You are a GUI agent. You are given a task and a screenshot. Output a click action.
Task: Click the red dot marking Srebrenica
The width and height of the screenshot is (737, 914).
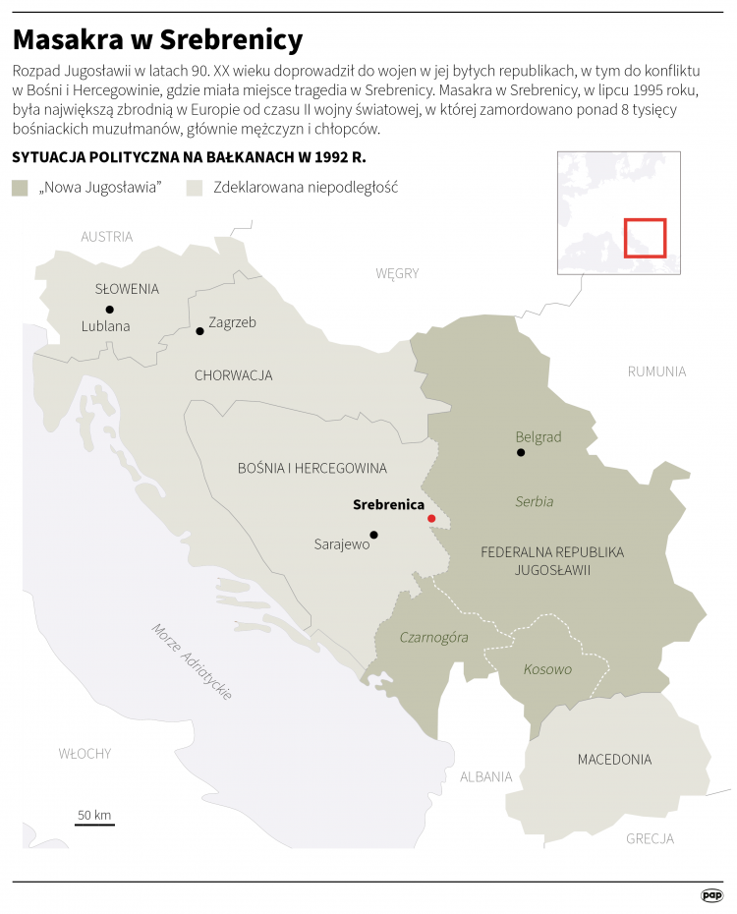point(431,518)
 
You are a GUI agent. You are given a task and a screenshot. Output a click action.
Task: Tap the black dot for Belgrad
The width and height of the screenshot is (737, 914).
point(521,453)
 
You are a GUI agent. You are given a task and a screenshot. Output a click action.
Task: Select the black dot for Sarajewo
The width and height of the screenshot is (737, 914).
point(373,535)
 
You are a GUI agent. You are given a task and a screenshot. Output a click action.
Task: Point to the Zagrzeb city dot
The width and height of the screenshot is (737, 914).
point(200,331)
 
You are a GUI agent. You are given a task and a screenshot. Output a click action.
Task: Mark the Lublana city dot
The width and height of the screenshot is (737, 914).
point(109,310)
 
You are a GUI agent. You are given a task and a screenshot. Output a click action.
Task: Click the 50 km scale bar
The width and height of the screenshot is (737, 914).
point(94,824)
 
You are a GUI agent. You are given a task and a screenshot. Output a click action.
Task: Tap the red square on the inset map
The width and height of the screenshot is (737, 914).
point(645,238)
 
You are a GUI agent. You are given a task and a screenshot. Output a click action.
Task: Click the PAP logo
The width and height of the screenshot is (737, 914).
point(711,895)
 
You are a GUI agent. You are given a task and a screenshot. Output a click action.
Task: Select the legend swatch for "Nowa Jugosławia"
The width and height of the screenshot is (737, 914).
point(21,188)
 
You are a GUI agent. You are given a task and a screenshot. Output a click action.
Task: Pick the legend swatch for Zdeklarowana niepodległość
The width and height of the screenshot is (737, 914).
point(195,188)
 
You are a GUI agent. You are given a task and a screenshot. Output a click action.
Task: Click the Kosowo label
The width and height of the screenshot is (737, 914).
point(547,669)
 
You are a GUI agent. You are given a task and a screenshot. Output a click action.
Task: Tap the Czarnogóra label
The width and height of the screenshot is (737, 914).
point(433,638)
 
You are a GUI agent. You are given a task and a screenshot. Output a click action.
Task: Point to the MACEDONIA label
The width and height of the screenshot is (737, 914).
point(614,760)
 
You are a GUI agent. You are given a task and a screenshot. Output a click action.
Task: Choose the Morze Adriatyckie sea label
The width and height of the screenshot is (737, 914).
point(193,661)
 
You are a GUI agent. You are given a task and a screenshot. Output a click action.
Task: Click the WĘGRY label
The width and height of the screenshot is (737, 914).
point(397,273)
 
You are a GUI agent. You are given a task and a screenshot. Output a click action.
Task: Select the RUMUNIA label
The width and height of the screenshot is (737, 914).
point(656,371)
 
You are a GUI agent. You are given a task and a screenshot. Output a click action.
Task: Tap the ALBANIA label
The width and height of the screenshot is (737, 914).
point(485,776)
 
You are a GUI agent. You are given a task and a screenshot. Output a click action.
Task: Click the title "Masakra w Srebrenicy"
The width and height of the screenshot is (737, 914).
point(157,40)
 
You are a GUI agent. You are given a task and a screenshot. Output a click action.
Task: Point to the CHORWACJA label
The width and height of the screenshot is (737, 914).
point(233,375)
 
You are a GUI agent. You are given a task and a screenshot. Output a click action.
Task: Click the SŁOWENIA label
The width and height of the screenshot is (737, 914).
point(127,289)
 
